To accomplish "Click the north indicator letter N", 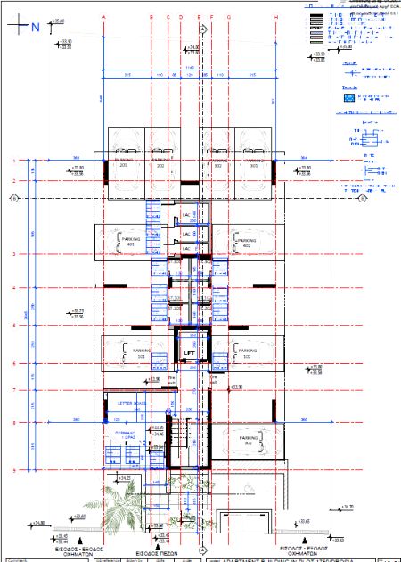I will coord(36,27).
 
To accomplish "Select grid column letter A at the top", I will coord(104,16).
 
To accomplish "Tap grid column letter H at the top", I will coord(277,16).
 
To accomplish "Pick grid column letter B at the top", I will coord(151,16).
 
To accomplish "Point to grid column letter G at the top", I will coord(228,16).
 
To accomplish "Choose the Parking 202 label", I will coord(160,164).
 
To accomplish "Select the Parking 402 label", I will coord(246,242).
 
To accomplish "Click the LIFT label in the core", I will coord(189,354).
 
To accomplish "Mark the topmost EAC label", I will coord(187,216).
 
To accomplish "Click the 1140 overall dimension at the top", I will coord(189,68).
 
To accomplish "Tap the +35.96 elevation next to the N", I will coord(59,20).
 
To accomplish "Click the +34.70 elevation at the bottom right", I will coord(348,508).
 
